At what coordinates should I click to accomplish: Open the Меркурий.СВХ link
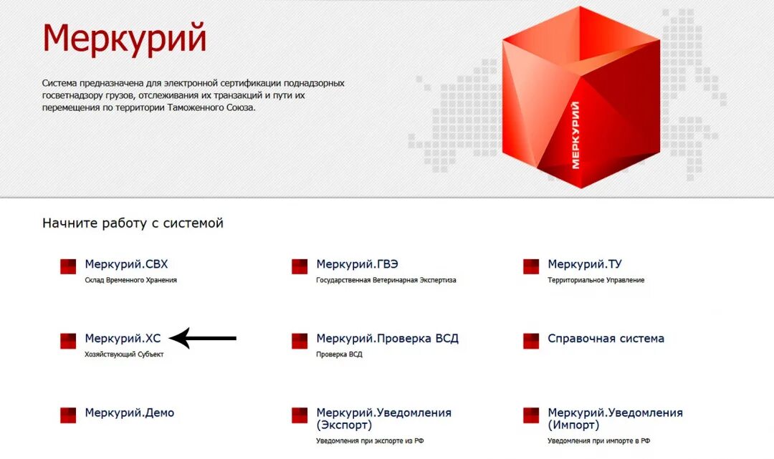tap(126, 264)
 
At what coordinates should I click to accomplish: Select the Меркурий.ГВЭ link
tap(357, 264)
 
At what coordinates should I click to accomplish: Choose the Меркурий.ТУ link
tap(584, 264)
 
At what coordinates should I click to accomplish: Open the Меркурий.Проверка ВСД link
tap(387, 339)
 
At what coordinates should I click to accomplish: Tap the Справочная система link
tap(606, 339)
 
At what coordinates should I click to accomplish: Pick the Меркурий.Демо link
tap(129, 413)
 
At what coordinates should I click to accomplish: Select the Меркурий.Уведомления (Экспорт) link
tap(383, 419)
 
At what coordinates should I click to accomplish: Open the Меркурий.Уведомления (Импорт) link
tap(615, 419)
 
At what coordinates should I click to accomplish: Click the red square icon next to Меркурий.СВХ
tap(68, 266)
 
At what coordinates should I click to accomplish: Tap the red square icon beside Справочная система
tap(531, 341)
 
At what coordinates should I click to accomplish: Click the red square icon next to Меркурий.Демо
tap(68, 415)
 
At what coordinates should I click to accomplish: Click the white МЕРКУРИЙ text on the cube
tap(575, 135)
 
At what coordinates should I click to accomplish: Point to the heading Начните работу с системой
tap(133, 223)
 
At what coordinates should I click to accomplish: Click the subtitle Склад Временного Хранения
tap(130, 280)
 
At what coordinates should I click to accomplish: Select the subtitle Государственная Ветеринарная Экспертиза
tap(386, 280)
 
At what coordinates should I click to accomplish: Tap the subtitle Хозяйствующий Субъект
tap(124, 354)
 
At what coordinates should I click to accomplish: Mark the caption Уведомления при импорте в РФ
tap(598, 440)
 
